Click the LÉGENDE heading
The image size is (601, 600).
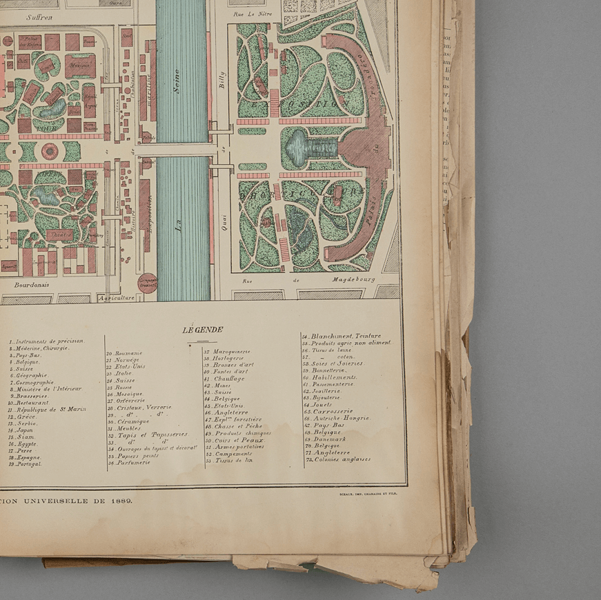pyautogui.click(x=197, y=330)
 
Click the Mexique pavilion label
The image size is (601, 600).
pyautogui.click(x=80, y=66)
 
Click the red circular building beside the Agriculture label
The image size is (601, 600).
pyautogui.click(x=147, y=281)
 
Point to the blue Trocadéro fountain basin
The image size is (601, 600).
pyautogui.click(x=298, y=147)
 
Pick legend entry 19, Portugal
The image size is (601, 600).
pyautogui.click(x=27, y=464)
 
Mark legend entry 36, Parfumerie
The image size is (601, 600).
pyautogui.click(x=132, y=463)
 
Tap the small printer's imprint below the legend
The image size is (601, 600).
pyautogui.click(x=368, y=493)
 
